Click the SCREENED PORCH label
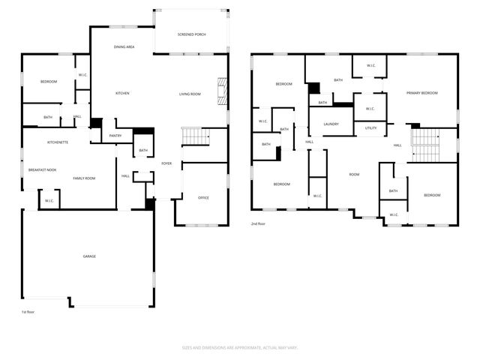[191, 34]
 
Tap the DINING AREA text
[124, 47]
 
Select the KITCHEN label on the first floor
[122, 94]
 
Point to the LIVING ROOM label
[190, 94]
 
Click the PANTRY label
[115, 136]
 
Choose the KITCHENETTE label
[58, 142]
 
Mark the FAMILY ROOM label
[84, 178]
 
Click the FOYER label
[166, 163]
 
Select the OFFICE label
[203, 198]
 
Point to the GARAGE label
[89, 256]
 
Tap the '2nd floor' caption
[258, 223]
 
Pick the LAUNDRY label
[331, 124]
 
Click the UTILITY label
[370, 128]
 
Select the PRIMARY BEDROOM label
[421, 93]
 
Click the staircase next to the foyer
[194, 136]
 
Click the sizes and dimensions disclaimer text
[240, 347]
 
